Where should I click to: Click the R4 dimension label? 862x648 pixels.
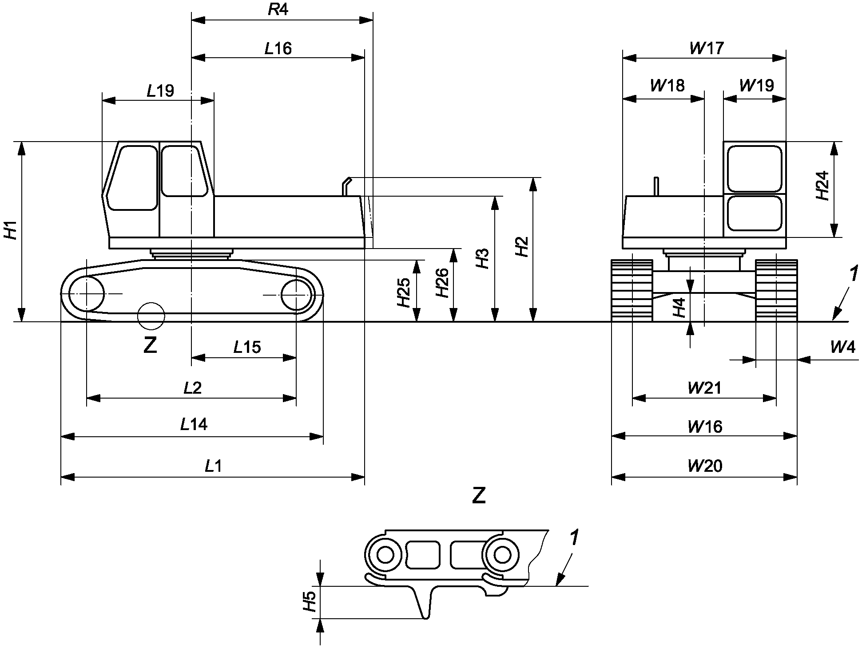(278, 9)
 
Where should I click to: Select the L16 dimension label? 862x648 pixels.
(278, 48)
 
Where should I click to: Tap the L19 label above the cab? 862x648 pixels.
(161, 91)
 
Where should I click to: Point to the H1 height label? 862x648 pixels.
(11, 230)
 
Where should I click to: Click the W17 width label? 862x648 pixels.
(707, 48)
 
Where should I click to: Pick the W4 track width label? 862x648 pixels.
(843, 347)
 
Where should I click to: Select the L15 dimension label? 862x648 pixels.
(247, 347)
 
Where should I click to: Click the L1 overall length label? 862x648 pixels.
(213, 466)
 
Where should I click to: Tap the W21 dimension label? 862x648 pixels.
(705, 388)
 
